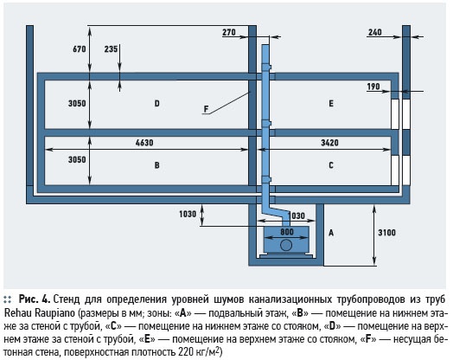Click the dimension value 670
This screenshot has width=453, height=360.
click(x=80, y=49)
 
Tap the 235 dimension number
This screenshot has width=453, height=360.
click(x=111, y=49)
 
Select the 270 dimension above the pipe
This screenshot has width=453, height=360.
click(x=229, y=32)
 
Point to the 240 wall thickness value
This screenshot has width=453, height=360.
click(x=374, y=32)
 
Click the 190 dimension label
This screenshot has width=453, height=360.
click(x=373, y=87)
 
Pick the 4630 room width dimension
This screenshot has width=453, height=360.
click(x=144, y=143)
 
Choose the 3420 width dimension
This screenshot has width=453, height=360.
click(x=329, y=143)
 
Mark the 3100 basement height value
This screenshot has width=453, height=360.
click(x=386, y=233)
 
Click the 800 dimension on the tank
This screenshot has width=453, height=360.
click(x=287, y=232)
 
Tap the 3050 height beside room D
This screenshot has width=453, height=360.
click(x=77, y=103)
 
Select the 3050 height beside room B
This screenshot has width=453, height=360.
click(x=77, y=159)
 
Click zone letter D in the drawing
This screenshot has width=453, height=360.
click(x=156, y=103)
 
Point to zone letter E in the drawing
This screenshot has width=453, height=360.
click(x=331, y=103)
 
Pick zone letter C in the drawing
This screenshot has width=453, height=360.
click(x=331, y=165)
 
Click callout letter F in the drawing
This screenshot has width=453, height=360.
click(x=206, y=109)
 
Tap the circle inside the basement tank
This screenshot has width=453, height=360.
click(x=286, y=245)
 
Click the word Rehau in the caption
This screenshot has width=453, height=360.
click(x=18, y=313)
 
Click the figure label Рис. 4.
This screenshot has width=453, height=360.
click(x=35, y=299)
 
